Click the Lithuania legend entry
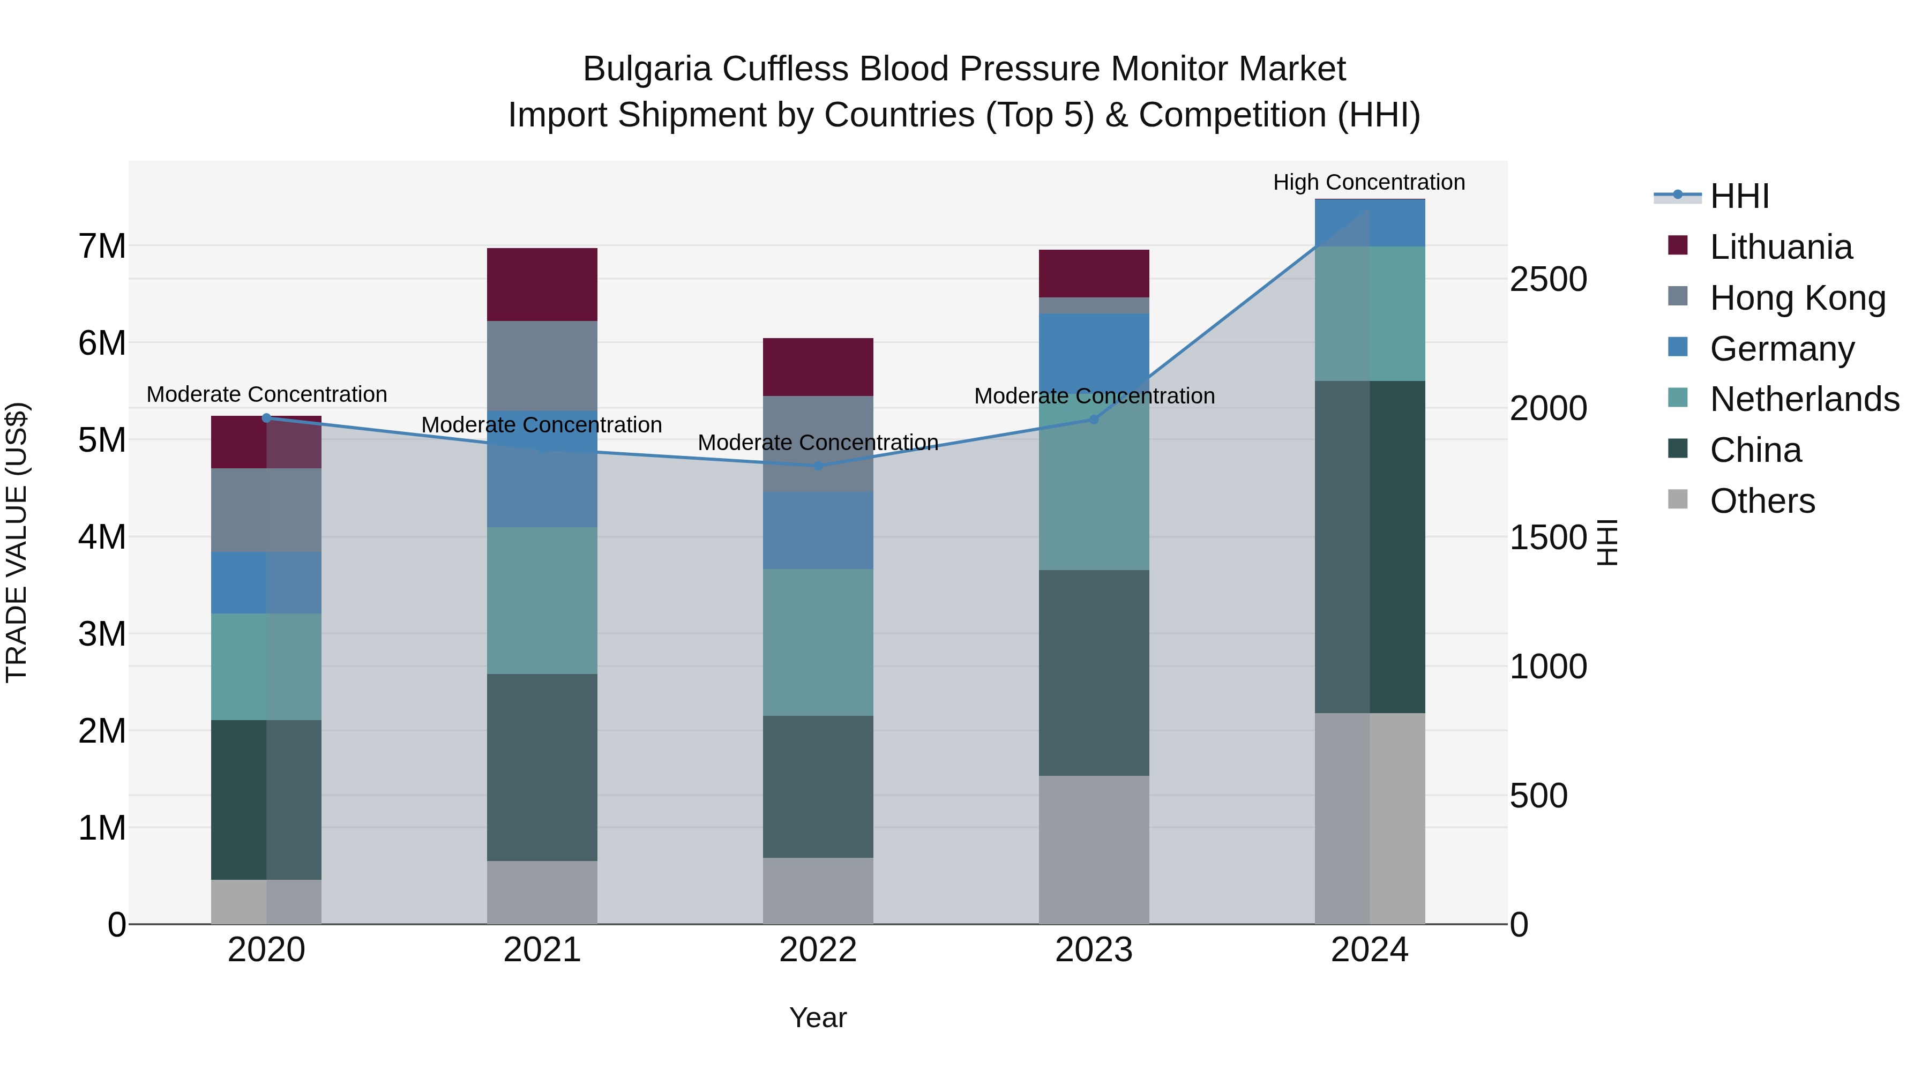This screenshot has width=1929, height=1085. [x=1780, y=247]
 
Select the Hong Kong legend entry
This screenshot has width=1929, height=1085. [x=1797, y=298]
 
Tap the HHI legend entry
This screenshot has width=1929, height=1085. [x=1739, y=196]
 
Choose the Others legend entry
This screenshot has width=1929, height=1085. [x=1761, y=501]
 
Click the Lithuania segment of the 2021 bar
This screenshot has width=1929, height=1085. [x=542, y=285]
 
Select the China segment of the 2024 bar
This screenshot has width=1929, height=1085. [x=1370, y=547]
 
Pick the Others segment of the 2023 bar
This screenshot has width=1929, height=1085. [x=1093, y=850]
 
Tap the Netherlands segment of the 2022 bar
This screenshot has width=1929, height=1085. [x=818, y=642]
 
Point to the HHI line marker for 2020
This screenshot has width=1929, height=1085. [x=266, y=418]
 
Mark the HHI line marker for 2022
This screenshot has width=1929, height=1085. [x=818, y=466]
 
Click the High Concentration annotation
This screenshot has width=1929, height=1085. [x=1369, y=183]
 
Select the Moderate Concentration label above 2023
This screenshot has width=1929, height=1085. [x=1094, y=396]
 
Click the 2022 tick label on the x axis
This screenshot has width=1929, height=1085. [x=818, y=950]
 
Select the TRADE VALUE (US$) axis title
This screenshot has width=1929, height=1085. [x=17, y=542]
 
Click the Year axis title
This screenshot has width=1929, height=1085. [x=818, y=1017]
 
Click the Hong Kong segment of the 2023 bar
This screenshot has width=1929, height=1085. [x=1093, y=305]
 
